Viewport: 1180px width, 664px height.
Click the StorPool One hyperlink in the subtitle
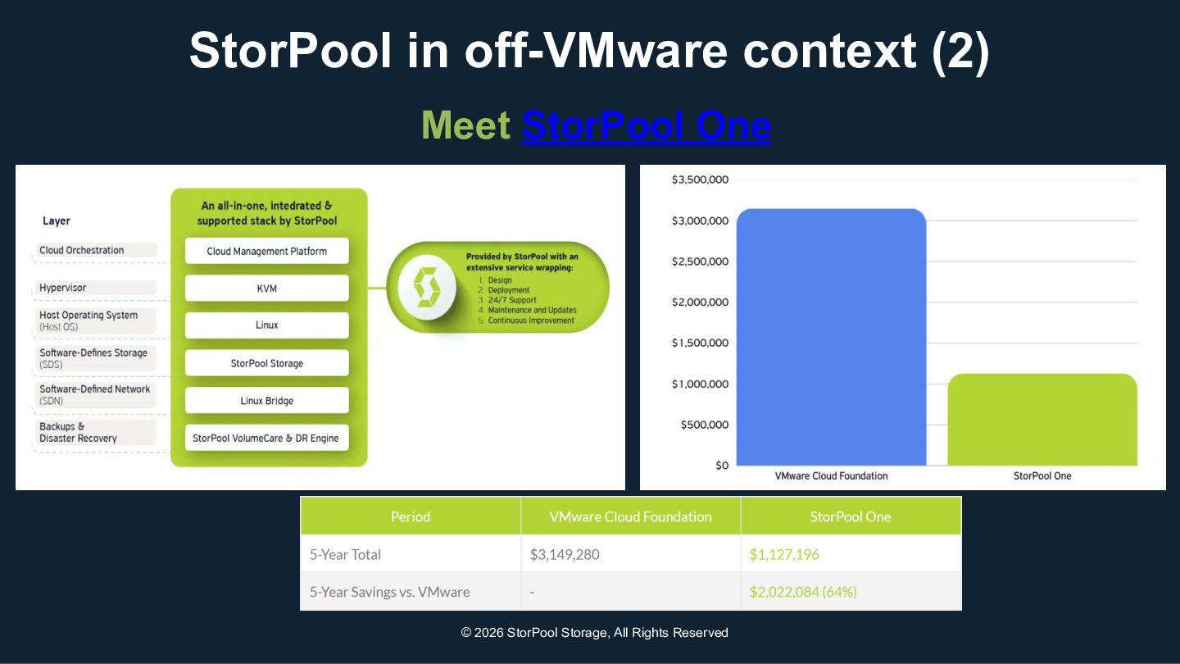coord(646,125)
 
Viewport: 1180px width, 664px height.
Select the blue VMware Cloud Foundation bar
coord(831,336)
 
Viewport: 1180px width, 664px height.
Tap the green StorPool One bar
coord(1042,420)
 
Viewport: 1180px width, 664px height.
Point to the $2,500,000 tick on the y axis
coord(700,262)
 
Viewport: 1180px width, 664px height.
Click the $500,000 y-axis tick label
coord(705,425)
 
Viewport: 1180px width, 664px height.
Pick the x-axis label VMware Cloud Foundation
coord(831,475)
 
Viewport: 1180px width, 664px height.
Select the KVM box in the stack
coord(267,289)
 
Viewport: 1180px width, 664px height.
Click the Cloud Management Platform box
coord(267,251)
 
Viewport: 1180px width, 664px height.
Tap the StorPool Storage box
coord(267,363)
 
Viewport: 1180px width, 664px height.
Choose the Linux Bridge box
coord(267,401)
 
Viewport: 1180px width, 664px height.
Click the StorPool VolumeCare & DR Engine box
coord(266,438)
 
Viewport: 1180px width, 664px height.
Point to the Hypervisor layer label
coord(63,288)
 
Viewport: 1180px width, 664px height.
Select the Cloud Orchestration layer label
coord(82,250)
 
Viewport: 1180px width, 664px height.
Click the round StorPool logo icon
coord(426,287)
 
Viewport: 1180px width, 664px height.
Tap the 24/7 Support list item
coord(512,300)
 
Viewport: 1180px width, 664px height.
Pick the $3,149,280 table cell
coord(565,554)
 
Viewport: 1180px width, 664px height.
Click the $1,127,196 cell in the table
coord(784,554)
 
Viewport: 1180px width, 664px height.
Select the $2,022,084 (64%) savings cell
coord(803,592)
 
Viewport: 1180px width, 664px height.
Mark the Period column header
coord(411,516)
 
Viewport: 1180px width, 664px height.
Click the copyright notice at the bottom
coord(594,633)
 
